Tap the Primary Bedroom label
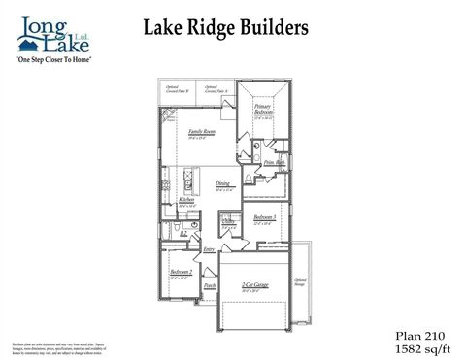click(262, 110)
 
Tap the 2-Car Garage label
click(255, 284)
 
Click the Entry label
click(209, 250)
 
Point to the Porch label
click(209, 286)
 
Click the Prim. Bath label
click(272, 163)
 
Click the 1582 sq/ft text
click(416, 345)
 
